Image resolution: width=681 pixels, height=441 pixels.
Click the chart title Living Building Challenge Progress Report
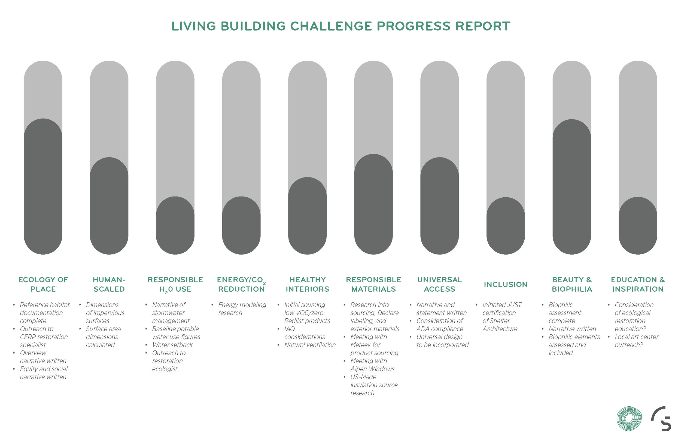tap(340, 26)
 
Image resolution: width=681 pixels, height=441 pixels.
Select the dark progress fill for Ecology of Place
tap(43, 186)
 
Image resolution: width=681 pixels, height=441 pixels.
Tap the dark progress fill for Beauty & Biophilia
tap(571, 186)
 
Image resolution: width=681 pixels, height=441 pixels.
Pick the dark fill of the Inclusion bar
tap(505, 226)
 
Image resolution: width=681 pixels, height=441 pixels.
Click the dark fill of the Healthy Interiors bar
tap(307, 216)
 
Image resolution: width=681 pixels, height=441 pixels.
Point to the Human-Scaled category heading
tap(109, 284)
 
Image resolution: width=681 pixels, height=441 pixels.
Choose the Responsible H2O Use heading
tap(175, 284)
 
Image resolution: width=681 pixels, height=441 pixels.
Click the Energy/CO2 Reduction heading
tap(241, 284)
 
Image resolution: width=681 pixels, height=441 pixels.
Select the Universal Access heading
tap(439, 284)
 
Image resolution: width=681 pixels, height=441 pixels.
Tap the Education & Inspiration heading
tap(637, 284)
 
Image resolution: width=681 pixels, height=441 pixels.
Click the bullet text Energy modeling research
tap(242, 309)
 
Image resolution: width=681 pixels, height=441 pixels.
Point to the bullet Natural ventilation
tap(310, 345)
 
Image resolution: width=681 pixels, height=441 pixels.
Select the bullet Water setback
tap(172, 345)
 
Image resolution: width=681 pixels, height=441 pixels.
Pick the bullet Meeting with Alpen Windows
tap(372, 365)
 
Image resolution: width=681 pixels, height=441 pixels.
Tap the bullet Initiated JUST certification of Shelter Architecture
tap(501, 317)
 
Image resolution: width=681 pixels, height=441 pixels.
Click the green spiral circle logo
tap(629, 418)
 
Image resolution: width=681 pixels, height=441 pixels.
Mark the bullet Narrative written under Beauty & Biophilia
tap(572, 329)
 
